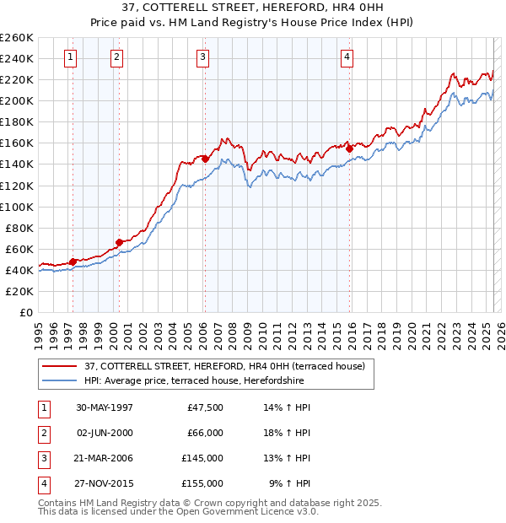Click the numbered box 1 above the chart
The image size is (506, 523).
(x=69, y=57)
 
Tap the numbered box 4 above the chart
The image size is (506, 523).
(x=347, y=57)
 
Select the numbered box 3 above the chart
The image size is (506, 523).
(x=203, y=57)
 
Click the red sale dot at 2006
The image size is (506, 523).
(x=205, y=158)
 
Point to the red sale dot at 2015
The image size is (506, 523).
(x=349, y=148)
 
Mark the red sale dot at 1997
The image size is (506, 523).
(x=73, y=261)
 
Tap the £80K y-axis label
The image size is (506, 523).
(x=19, y=228)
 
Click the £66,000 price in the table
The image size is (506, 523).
(x=205, y=433)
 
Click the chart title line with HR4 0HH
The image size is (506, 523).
(x=253, y=8)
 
